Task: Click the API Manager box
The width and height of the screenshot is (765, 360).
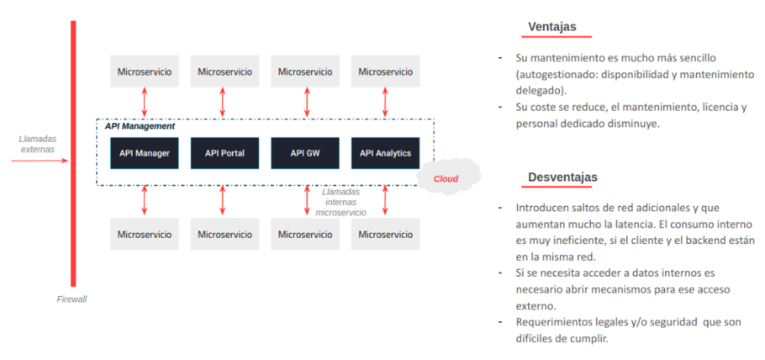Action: pyautogui.click(x=145, y=153)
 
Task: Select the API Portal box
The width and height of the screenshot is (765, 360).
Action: pyautogui.click(x=224, y=153)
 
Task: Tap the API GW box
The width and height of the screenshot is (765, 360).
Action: pyautogui.click(x=303, y=153)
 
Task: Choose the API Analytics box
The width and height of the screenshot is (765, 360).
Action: pyautogui.click(x=385, y=153)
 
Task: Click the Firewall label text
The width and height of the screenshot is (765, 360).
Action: pyautogui.click(x=71, y=299)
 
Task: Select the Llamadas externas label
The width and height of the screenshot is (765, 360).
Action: pyautogui.click(x=37, y=144)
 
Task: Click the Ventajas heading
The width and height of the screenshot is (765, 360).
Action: pyautogui.click(x=551, y=27)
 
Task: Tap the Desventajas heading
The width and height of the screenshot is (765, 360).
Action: pyautogui.click(x=562, y=177)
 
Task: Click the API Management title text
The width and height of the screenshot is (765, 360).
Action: pyautogui.click(x=140, y=126)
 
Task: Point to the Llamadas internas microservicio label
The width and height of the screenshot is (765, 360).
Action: pyautogui.click(x=340, y=202)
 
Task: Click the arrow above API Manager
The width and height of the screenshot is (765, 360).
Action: pyautogui.click(x=145, y=102)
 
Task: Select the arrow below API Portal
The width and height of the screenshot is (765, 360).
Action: pyautogui.click(x=224, y=200)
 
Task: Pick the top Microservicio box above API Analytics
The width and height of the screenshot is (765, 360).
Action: pyautogui.click(x=385, y=71)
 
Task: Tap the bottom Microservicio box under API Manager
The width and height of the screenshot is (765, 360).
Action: pyautogui.click(x=145, y=234)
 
